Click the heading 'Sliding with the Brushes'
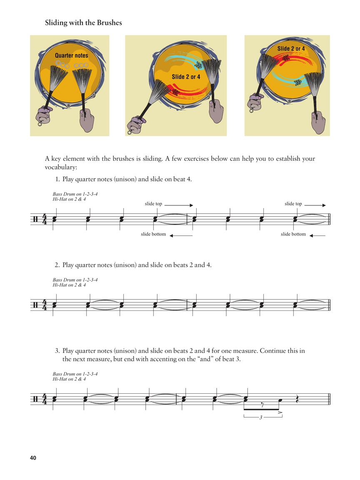pyautogui.click(x=83, y=23)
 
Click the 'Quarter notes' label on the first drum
pyautogui.click(x=71, y=55)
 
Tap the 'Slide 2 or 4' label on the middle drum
pyautogui.click(x=186, y=77)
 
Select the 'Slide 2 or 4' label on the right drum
pyautogui.click(x=291, y=49)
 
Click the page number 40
pyautogui.click(x=33, y=458)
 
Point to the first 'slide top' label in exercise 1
pyautogui.click(x=153, y=204)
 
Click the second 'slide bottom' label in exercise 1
pyautogui.click(x=293, y=234)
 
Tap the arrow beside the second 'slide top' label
pyautogui.click(x=317, y=205)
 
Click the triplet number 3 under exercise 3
pyautogui.click(x=260, y=417)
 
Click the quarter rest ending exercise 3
pyautogui.click(x=297, y=399)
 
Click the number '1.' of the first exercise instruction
pyautogui.click(x=57, y=180)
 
